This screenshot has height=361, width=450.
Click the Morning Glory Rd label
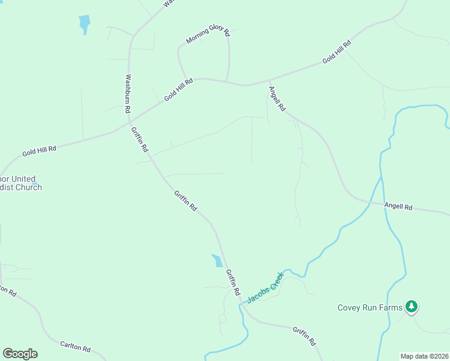tap(208, 34)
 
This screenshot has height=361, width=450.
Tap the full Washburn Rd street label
tap(128, 94)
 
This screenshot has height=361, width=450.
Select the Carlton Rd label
tap(75, 347)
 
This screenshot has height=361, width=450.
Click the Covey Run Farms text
tap(369, 308)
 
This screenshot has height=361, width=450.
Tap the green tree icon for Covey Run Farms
tap(411, 307)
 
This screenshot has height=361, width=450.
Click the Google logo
tap(20, 354)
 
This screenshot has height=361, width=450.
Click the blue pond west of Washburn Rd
tap(84, 24)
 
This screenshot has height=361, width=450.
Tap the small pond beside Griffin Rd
tap(217, 261)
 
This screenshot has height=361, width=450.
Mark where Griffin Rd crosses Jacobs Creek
tap(242, 304)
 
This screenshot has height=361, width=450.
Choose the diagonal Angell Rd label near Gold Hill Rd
tap(277, 98)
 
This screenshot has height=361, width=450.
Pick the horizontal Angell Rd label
tap(398, 207)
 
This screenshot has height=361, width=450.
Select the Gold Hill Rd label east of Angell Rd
tap(336, 52)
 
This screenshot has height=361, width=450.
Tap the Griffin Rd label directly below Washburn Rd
tap(141, 139)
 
